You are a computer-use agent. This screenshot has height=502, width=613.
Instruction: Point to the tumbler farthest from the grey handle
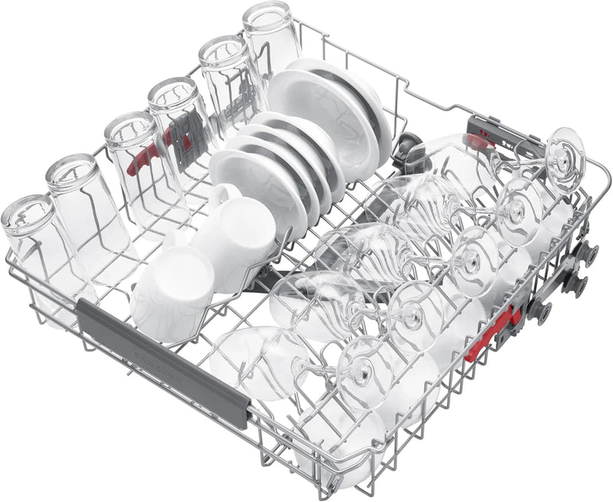(270, 34)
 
